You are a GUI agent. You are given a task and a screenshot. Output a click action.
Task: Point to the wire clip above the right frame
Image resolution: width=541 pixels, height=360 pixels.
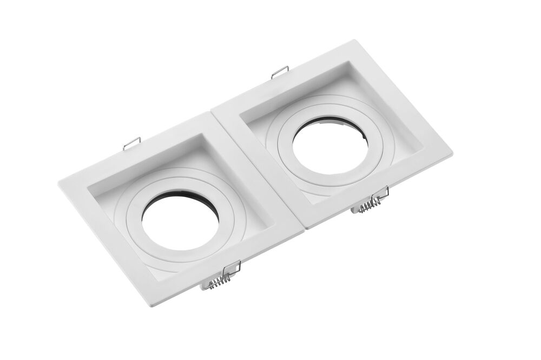pyautogui.click(x=280, y=71)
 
